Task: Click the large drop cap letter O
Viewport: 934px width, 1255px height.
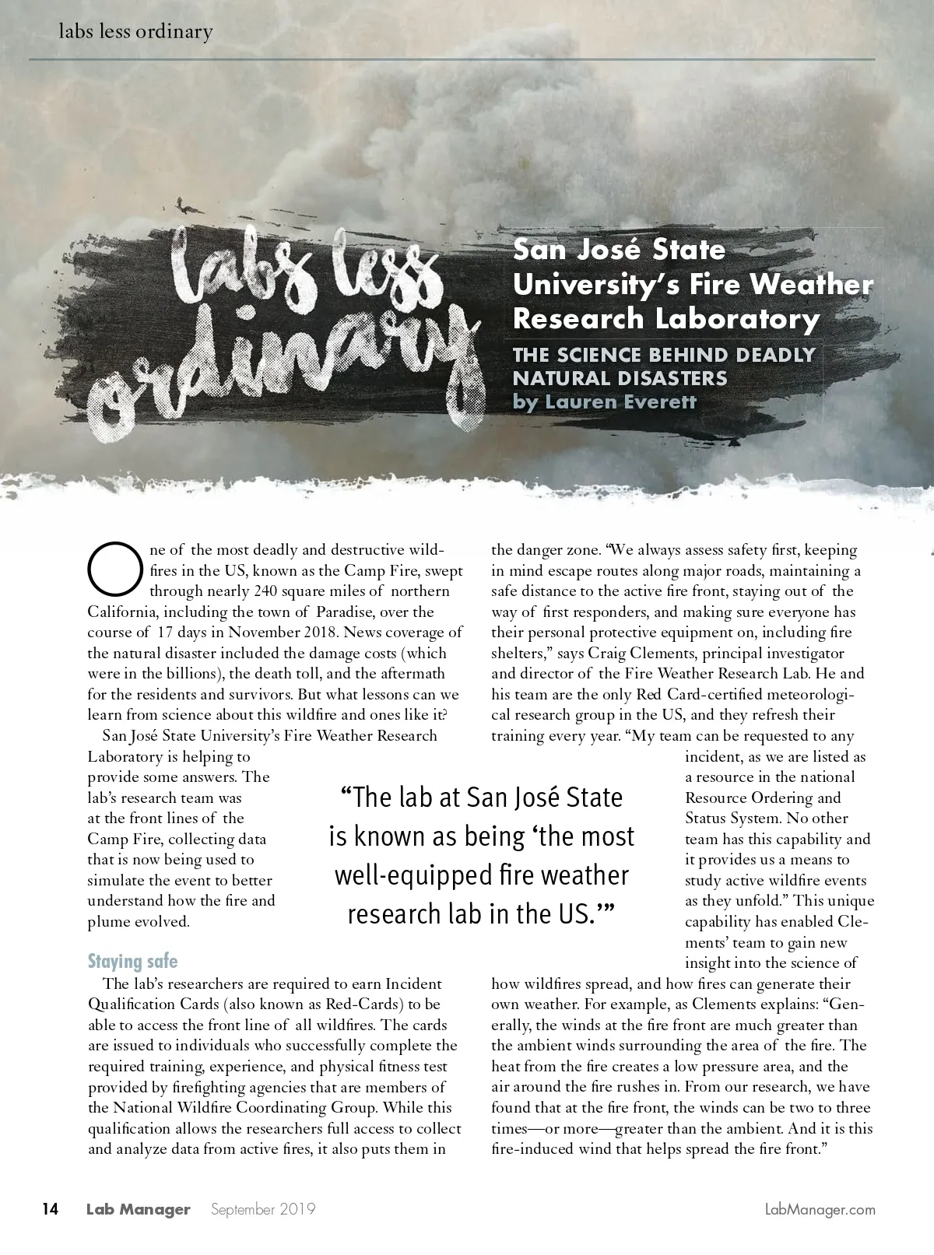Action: tap(113, 566)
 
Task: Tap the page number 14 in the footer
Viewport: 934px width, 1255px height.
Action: tap(50, 1209)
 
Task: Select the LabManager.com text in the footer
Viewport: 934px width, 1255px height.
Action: tap(820, 1210)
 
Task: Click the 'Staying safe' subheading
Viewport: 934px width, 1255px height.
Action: tap(132, 961)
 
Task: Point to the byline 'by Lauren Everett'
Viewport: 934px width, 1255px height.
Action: tap(604, 402)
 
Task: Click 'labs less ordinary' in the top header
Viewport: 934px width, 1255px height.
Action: tap(135, 32)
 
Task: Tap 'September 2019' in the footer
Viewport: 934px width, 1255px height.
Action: tap(263, 1210)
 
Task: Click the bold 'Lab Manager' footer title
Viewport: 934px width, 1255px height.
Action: tap(138, 1210)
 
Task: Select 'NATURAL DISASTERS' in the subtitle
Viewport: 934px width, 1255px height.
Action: tap(620, 379)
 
